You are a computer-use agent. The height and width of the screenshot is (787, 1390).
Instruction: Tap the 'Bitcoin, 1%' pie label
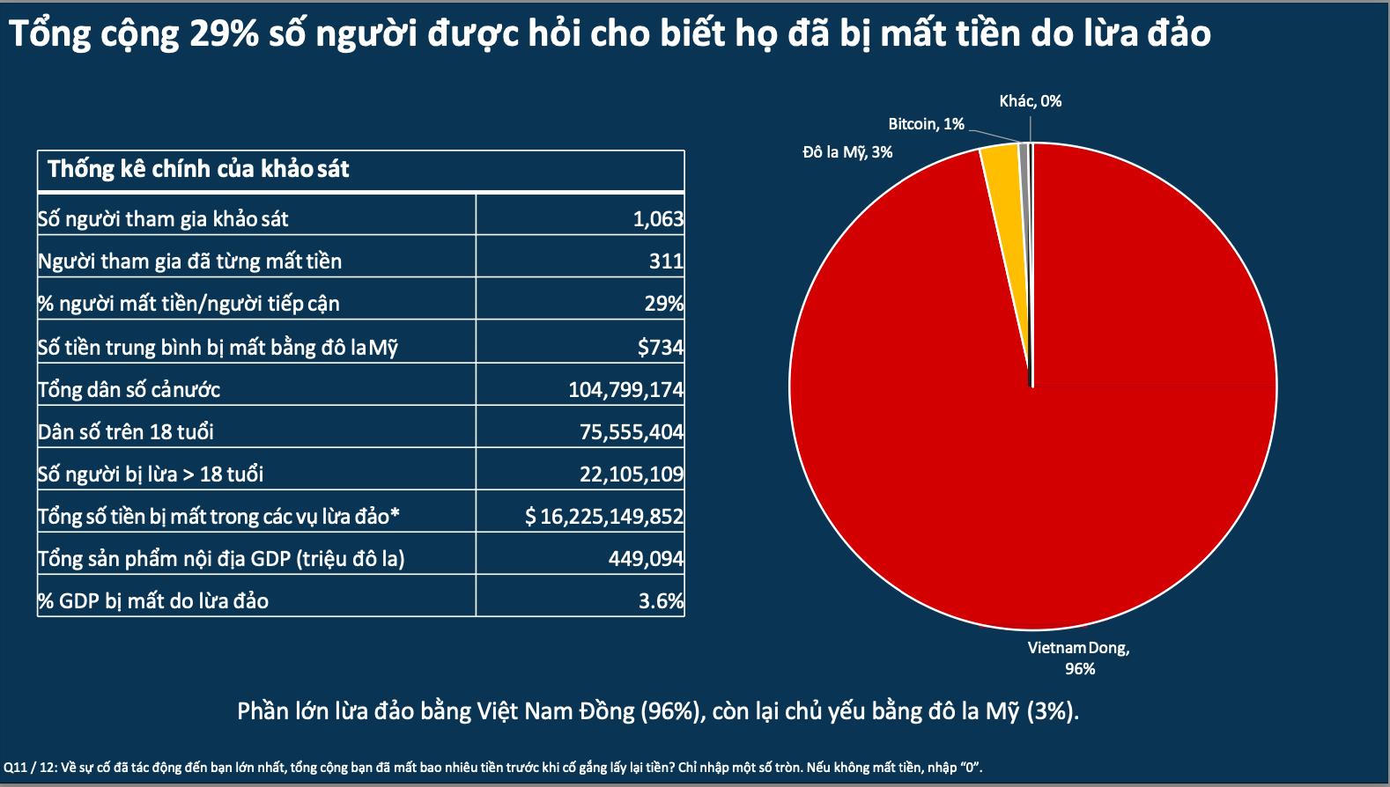pos(926,124)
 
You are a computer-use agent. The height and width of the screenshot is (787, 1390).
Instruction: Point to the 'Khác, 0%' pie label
pos(1030,101)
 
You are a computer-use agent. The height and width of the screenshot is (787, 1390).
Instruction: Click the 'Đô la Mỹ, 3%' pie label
pos(847,152)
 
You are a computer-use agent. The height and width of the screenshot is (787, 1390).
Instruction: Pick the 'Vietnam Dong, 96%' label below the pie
pos(1079,658)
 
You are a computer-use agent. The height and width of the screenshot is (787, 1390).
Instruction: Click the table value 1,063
pos(658,218)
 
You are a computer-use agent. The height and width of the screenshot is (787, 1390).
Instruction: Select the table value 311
pos(666,261)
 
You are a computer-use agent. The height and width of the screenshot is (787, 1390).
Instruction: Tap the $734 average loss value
pos(661,347)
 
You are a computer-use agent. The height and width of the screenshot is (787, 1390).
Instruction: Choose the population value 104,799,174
pos(625,389)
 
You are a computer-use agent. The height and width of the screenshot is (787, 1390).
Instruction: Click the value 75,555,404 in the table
pos(631,431)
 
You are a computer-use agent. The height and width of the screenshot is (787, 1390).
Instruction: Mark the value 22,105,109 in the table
pos(631,474)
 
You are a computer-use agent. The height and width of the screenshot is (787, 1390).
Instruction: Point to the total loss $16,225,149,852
pos(604,516)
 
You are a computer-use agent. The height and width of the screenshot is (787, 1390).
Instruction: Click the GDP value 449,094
pos(646,558)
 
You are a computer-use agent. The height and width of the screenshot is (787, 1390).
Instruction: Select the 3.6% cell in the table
pos(661,600)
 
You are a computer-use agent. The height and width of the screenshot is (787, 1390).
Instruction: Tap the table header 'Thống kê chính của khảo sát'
pos(198,169)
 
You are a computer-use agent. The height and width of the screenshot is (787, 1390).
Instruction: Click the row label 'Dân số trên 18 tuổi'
pos(126,431)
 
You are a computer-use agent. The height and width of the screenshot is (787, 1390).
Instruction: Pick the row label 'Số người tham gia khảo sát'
pos(163,218)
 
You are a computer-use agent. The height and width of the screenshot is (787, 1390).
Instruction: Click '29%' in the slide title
pos(230,33)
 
